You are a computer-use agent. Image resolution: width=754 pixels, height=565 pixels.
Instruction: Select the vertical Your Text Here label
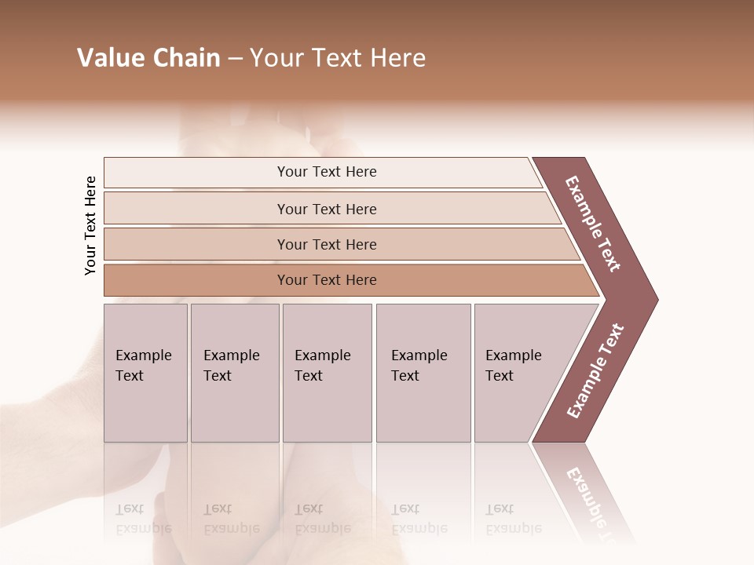tap(90, 225)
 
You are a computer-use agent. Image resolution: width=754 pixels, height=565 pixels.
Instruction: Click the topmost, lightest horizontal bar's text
tap(327, 172)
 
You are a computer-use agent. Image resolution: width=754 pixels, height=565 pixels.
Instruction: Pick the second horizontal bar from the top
tap(327, 209)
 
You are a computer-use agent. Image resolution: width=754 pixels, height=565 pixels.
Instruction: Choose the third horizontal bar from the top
tap(327, 244)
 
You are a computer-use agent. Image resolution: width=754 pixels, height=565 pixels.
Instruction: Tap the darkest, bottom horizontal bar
tap(327, 280)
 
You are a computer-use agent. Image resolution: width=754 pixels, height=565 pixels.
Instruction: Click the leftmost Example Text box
tap(145, 373)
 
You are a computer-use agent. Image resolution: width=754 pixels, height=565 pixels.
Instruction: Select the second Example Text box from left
tap(235, 373)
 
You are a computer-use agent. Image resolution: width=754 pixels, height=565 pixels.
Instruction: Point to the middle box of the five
tap(327, 373)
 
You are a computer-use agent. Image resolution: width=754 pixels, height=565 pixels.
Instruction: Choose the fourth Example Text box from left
tap(423, 373)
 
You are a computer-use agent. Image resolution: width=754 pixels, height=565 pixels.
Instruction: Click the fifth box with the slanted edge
tap(518, 373)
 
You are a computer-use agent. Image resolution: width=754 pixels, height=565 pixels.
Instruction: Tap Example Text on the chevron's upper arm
tap(593, 224)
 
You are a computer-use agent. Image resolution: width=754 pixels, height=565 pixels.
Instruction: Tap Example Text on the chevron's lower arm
tap(595, 370)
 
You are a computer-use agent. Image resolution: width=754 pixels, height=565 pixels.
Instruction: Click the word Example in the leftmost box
tap(143, 355)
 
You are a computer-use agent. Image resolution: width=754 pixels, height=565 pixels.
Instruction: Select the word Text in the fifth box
tap(500, 376)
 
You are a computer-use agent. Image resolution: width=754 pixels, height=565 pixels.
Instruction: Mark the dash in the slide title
tap(235, 59)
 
